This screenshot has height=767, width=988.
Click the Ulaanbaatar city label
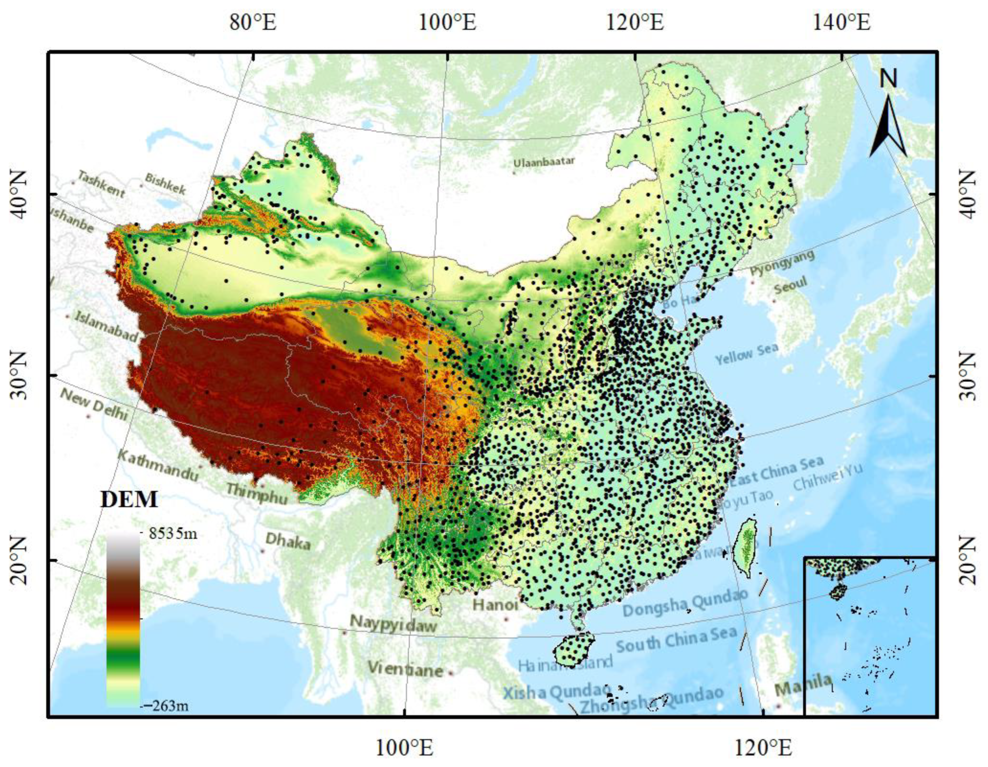point(544,162)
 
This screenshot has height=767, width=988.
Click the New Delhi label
point(94,404)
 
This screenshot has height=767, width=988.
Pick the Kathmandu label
point(158,465)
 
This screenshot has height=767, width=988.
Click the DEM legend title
point(129,500)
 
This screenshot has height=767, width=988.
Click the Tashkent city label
point(101,184)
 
